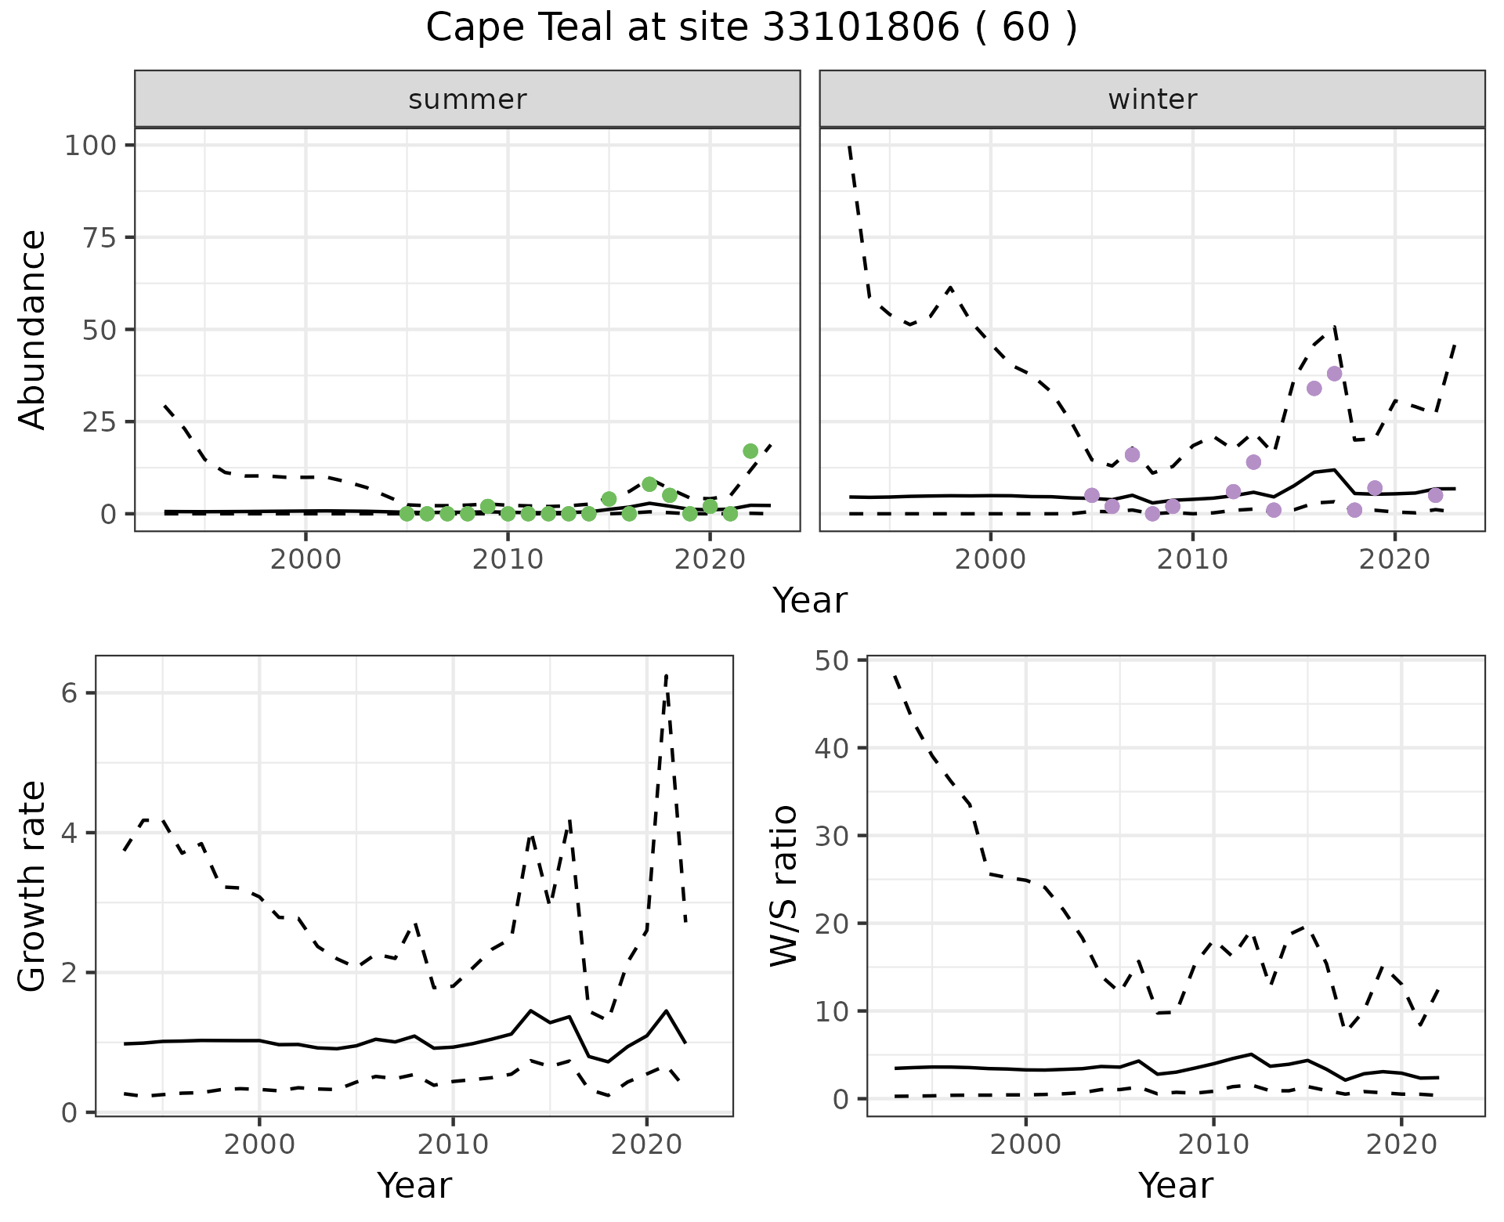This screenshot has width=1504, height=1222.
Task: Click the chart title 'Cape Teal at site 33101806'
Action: pos(751,28)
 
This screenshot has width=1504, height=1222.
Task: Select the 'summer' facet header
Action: pos(468,99)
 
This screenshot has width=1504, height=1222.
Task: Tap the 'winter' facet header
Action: pos(1152,99)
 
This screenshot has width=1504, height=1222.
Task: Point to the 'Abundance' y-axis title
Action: pos(33,330)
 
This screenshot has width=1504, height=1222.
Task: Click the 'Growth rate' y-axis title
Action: pos(33,886)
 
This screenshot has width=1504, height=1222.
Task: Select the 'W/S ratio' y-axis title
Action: pos(783,886)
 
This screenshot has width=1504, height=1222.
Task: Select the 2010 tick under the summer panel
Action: pos(508,559)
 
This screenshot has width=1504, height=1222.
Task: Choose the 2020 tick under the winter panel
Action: pos(1394,559)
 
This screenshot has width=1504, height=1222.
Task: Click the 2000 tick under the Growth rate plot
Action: pos(259,1144)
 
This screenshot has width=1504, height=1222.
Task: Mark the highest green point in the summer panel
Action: pos(750,451)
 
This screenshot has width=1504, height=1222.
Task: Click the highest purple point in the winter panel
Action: pos(1335,374)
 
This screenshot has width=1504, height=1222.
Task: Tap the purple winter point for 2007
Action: pos(1132,455)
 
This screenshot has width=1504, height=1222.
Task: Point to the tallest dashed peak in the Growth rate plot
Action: pos(666,674)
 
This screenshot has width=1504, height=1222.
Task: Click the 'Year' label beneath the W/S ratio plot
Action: pos(1176,1185)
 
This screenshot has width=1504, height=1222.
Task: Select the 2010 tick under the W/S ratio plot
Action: pos(1213,1144)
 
